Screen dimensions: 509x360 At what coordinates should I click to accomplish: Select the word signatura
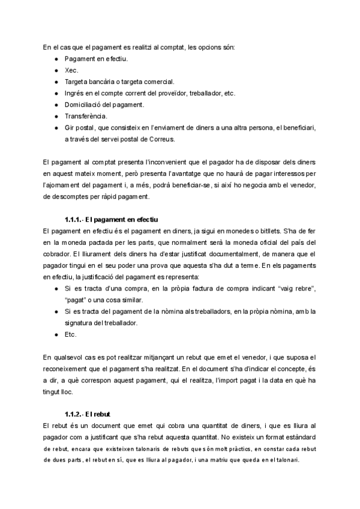pos(82,323)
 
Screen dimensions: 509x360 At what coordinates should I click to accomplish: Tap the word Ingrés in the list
pos(76,93)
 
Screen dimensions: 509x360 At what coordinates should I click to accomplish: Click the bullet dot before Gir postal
pos(56,128)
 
